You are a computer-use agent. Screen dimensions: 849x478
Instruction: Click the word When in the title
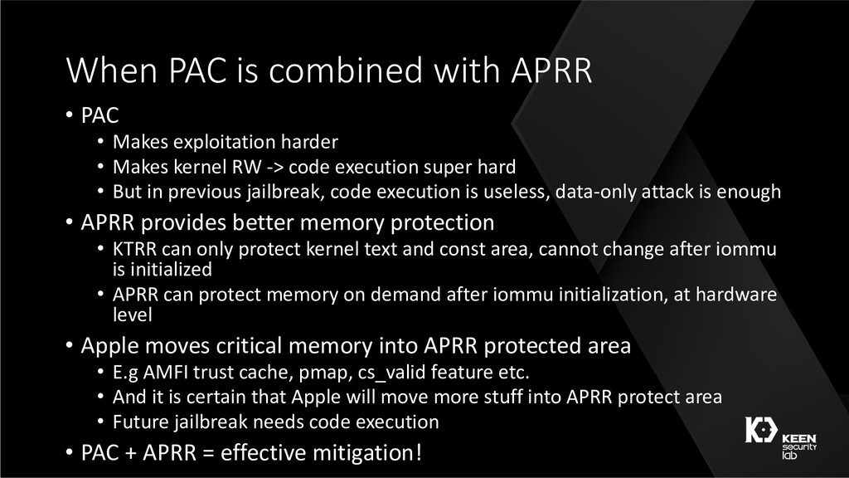[x=112, y=70]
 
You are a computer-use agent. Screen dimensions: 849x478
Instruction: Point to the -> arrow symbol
[x=275, y=168]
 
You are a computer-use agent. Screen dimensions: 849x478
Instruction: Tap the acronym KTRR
[x=135, y=249]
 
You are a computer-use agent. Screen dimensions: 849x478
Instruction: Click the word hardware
[x=736, y=295]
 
